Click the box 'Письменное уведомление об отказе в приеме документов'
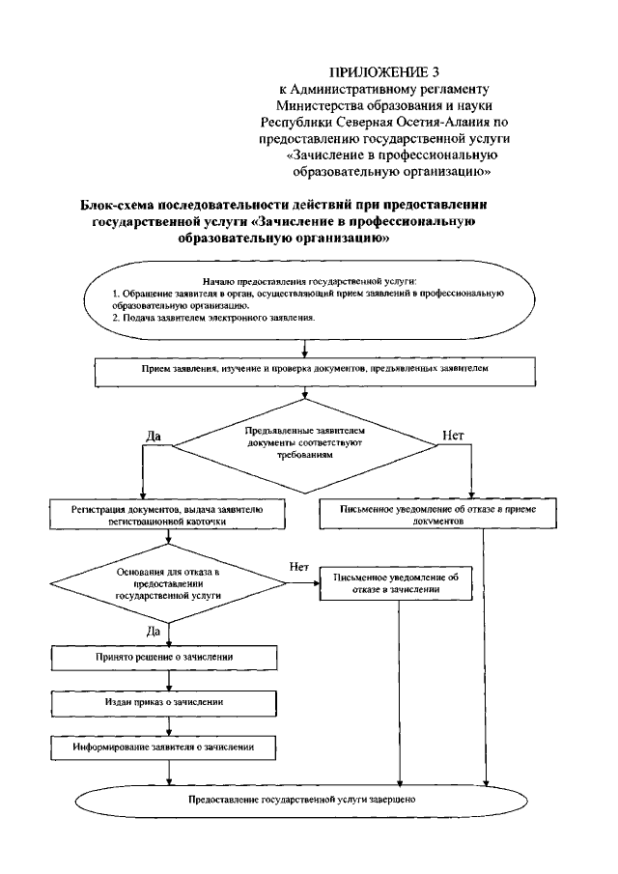(x=418, y=513)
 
